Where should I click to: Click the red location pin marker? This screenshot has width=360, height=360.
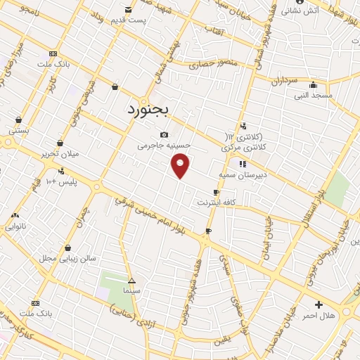(x=181, y=165)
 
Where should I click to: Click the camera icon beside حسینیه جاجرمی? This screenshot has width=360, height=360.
(x=164, y=134)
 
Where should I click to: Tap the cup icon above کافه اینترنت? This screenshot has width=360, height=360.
(x=216, y=192)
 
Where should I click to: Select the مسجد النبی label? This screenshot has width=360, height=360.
(x=313, y=94)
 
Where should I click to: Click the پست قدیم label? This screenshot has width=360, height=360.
(x=131, y=20)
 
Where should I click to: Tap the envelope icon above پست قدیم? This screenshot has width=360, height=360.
(x=128, y=9)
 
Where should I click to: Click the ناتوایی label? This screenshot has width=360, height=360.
(x=16, y=226)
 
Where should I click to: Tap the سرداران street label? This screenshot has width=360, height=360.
(x=285, y=81)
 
